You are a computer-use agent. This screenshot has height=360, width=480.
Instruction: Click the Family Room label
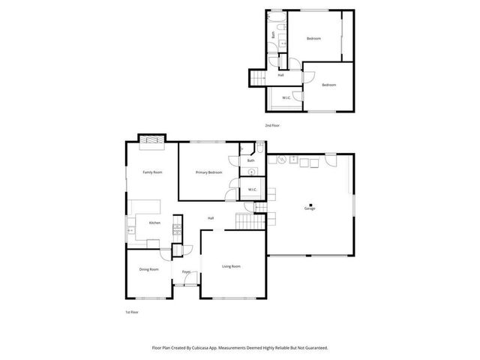pos(153,172)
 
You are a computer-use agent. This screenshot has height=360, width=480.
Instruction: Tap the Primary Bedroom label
pos(209,172)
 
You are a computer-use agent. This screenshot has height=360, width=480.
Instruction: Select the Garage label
pos(310,208)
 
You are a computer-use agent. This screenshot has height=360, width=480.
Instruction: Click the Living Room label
pos(231,266)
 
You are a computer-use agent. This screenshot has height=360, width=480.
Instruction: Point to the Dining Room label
pos(148,269)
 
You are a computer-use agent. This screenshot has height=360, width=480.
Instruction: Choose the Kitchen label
pos(154,223)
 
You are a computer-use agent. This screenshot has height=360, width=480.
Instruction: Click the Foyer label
pos(186,271)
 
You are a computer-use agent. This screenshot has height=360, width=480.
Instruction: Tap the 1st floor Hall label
pos(211,218)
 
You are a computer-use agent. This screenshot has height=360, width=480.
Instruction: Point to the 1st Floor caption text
pos(132,311)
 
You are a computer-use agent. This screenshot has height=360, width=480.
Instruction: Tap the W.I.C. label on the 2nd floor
pos(286,97)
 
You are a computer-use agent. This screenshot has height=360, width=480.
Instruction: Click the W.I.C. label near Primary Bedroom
pos(253,189)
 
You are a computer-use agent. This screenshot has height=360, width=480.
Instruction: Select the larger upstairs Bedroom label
pos(313,38)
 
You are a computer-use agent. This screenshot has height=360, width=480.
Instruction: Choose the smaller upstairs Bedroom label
pos(329,85)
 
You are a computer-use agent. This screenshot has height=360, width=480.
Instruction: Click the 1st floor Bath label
pos(251,160)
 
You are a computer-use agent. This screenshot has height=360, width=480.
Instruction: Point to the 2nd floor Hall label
pos(280,75)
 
